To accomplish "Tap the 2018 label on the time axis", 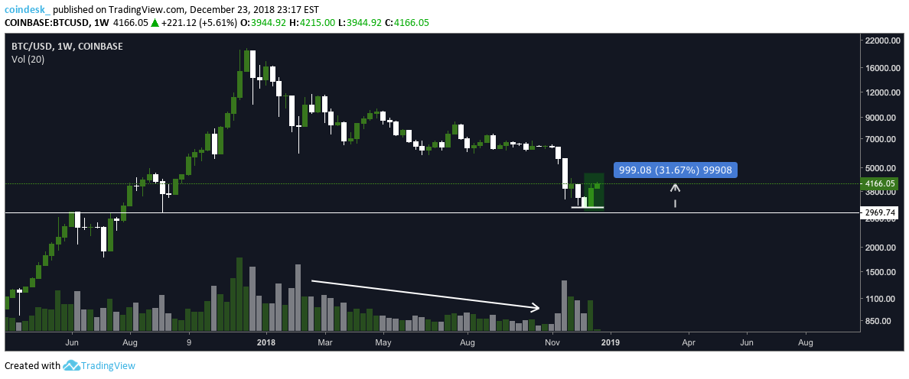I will (266, 344).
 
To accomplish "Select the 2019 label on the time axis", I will (610, 344).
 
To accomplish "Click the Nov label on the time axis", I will (552, 344).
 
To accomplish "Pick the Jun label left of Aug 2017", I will (73, 344).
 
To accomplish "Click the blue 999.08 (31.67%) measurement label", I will (675, 170).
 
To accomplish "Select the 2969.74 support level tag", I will (877, 212).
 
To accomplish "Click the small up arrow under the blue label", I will (675, 187).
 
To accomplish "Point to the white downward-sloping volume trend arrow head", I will (536, 308).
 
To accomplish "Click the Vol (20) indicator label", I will (28, 59).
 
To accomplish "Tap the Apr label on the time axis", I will (688, 344).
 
